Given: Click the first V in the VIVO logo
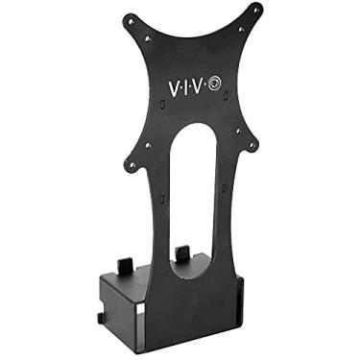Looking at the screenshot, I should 175,87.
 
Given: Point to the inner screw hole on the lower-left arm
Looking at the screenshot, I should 149,145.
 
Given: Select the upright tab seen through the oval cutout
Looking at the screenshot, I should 180,254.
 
